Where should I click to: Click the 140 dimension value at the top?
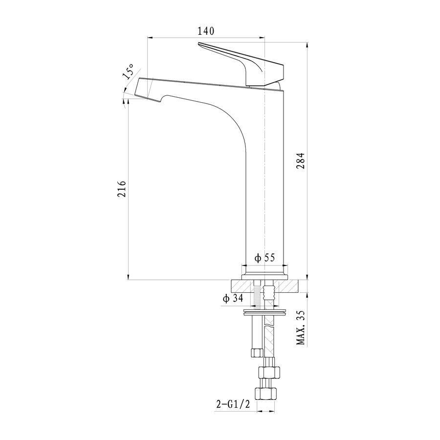(206, 31)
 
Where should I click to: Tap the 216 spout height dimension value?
(122, 189)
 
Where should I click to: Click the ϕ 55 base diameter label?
(264, 257)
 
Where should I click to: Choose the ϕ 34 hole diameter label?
(233, 298)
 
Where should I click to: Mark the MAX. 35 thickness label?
(301, 328)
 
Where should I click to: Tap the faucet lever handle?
(242, 64)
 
